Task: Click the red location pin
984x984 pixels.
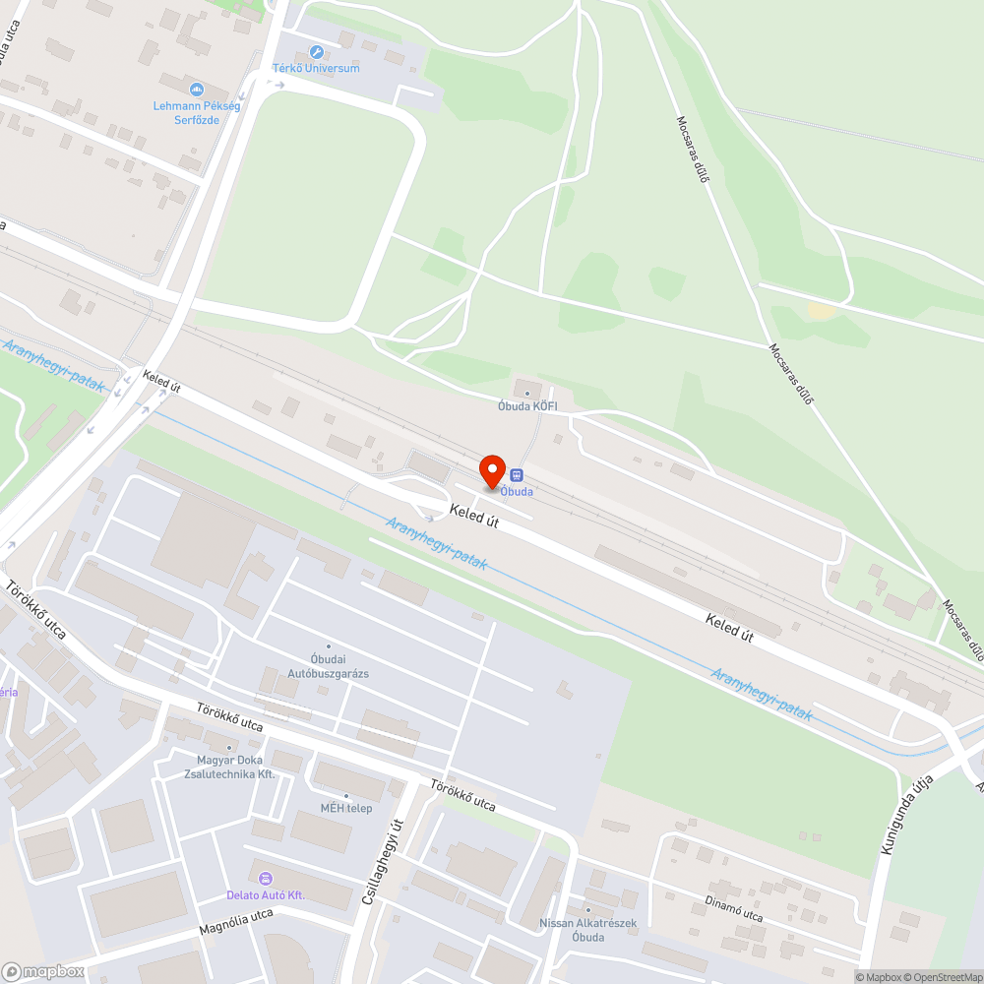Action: pos(492,470)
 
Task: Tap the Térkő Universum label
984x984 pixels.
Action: pos(316,68)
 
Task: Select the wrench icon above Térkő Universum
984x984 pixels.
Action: pos(316,51)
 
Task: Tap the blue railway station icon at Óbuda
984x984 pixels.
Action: pos(517,475)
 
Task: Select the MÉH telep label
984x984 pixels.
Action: pos(345,808)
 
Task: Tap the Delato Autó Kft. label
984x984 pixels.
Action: pos(266,894)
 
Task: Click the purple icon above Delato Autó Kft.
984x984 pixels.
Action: pos(264,878)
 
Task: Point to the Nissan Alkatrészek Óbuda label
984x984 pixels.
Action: pos(588,930)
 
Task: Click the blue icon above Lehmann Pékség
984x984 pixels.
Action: pos(197,90)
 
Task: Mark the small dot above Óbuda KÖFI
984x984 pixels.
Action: pos(528,394)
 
